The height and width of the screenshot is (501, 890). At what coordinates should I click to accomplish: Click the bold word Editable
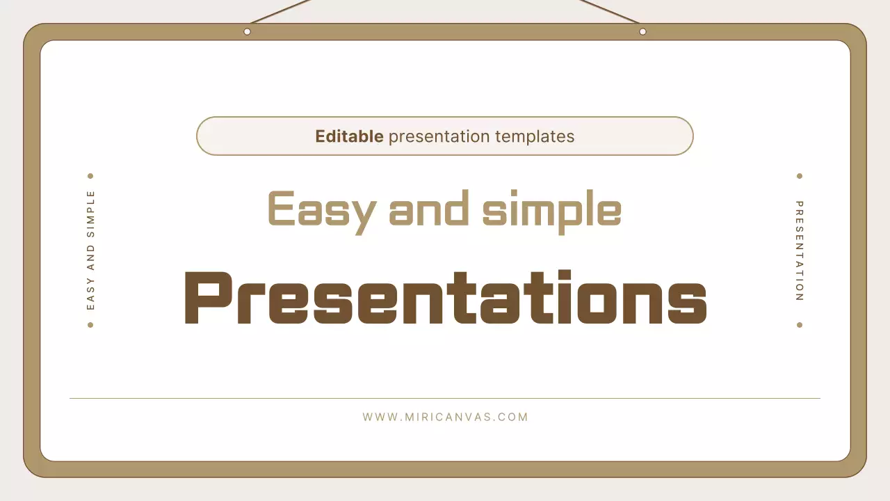tap(349, 136)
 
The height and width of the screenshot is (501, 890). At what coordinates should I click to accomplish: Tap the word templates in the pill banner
tap(535, 136)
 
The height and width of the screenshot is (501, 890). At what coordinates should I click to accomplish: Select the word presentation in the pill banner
tap(439, 137)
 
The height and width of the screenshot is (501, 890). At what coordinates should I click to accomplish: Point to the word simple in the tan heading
tap(552, 209)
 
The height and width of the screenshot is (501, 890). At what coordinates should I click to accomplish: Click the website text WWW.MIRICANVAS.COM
tap(445, 417)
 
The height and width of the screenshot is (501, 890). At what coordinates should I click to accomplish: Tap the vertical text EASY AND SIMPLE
tap(90, 250)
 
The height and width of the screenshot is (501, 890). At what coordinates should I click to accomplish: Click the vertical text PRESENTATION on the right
tap(800, 250)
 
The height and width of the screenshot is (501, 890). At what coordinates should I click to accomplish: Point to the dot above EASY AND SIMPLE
tap(90, 176)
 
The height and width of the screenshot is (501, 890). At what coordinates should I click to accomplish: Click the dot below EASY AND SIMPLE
tap(90, 325)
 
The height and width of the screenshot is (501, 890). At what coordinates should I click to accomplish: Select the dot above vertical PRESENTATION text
tap(800, 176)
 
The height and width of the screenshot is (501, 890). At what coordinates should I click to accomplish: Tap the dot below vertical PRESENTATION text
tap(800, 325)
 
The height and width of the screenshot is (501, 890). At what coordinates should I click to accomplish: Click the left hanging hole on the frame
tap(247, 31)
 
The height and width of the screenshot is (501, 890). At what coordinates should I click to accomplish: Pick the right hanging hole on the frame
tap(642, 31)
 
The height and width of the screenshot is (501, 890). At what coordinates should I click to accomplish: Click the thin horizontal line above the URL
tap(445, 399)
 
